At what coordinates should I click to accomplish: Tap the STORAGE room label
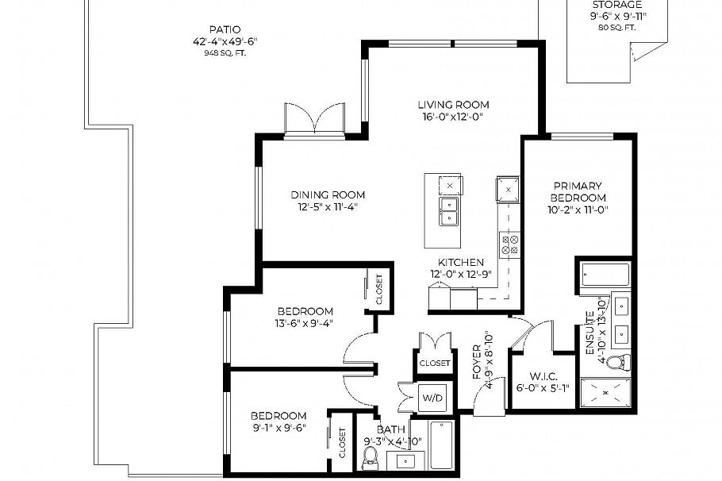[x=617, y=5]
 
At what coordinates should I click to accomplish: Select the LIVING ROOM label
[x=453, y=105]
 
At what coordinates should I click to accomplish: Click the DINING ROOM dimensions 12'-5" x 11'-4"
[x=328, y=207]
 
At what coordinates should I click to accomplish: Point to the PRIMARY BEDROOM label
[x=578, y=192]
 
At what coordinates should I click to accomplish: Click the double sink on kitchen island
[x=449, y=211]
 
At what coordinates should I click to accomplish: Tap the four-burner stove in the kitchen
[x=509, y=244]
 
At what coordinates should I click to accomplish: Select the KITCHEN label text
[x=461, y=263]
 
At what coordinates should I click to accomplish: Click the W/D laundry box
[x=432, y=397]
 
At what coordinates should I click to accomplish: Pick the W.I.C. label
[x=533, y=377]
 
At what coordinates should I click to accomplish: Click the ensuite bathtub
[x=605, y=275]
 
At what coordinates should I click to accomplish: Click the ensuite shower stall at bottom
[x=605, y=393]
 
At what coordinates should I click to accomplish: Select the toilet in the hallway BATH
[x=370, y=457]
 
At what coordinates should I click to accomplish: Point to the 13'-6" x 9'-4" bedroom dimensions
[x=305, y=323]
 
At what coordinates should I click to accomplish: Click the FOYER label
[x=477, y=361]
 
